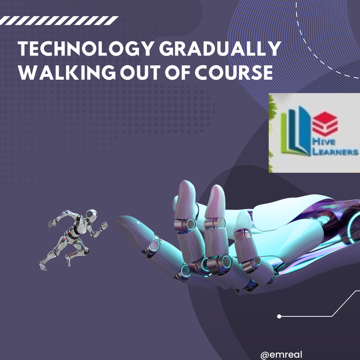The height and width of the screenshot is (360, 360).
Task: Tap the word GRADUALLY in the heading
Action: tap(220, 49)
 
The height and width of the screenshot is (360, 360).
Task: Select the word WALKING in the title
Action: tap(67, 73)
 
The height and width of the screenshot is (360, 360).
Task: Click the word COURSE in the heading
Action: tap(234, 73)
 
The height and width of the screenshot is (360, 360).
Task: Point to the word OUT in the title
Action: tap(140, 73)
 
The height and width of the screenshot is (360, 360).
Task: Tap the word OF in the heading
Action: tap(178, 73)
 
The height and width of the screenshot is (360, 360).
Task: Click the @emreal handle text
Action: tap(281, 355)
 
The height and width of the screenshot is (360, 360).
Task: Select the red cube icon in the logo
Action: tap(325, 124)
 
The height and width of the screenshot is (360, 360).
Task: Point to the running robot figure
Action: tap(73, 240)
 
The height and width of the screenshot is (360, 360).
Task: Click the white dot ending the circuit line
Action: tap(279, 316)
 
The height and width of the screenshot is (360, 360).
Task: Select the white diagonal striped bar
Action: tap(59, 21)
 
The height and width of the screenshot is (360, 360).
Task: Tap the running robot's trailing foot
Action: tap(43, 266)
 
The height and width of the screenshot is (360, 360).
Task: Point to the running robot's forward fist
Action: tap(104, 225)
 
